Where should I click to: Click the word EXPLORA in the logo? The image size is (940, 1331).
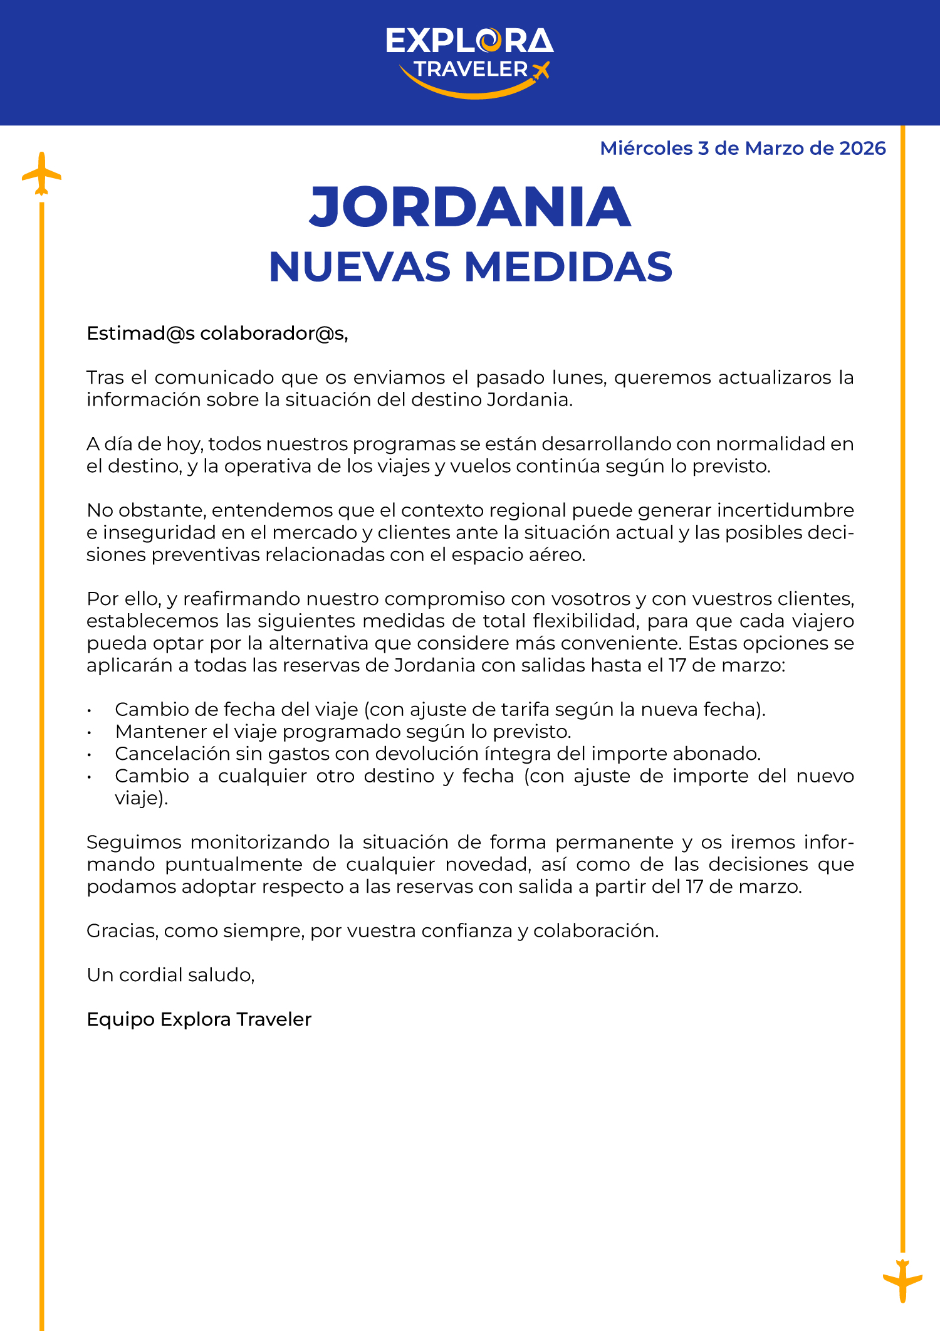pyautogui.click(x=469, y=41)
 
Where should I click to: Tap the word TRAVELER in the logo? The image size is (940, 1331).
pyautogui.click(x=470, y=69)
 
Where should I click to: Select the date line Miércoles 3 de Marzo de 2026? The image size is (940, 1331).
pyautogui.click(x=743, y=149)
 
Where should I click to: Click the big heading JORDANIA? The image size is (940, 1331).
pyautogui.click(x=470, y=207)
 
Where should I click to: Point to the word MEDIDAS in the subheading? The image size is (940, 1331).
pyautogui.click(x=568, y=267)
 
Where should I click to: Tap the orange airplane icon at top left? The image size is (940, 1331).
pyautogui.click(x=41, y=174)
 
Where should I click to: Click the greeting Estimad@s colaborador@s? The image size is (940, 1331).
pyautogui.click(x=217, y=334)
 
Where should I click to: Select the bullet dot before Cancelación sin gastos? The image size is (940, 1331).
pyautogui.click(x=90, y=754)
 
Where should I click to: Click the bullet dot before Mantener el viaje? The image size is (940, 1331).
pyautogui.click(x=90, y=732)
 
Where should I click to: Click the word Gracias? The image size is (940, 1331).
pyautogui.click(x=122, y=931)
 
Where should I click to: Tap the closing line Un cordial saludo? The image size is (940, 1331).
pyautogui.click(x=170, y=975)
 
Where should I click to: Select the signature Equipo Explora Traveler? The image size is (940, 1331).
pyautogui.click(x=199, y=1019)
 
